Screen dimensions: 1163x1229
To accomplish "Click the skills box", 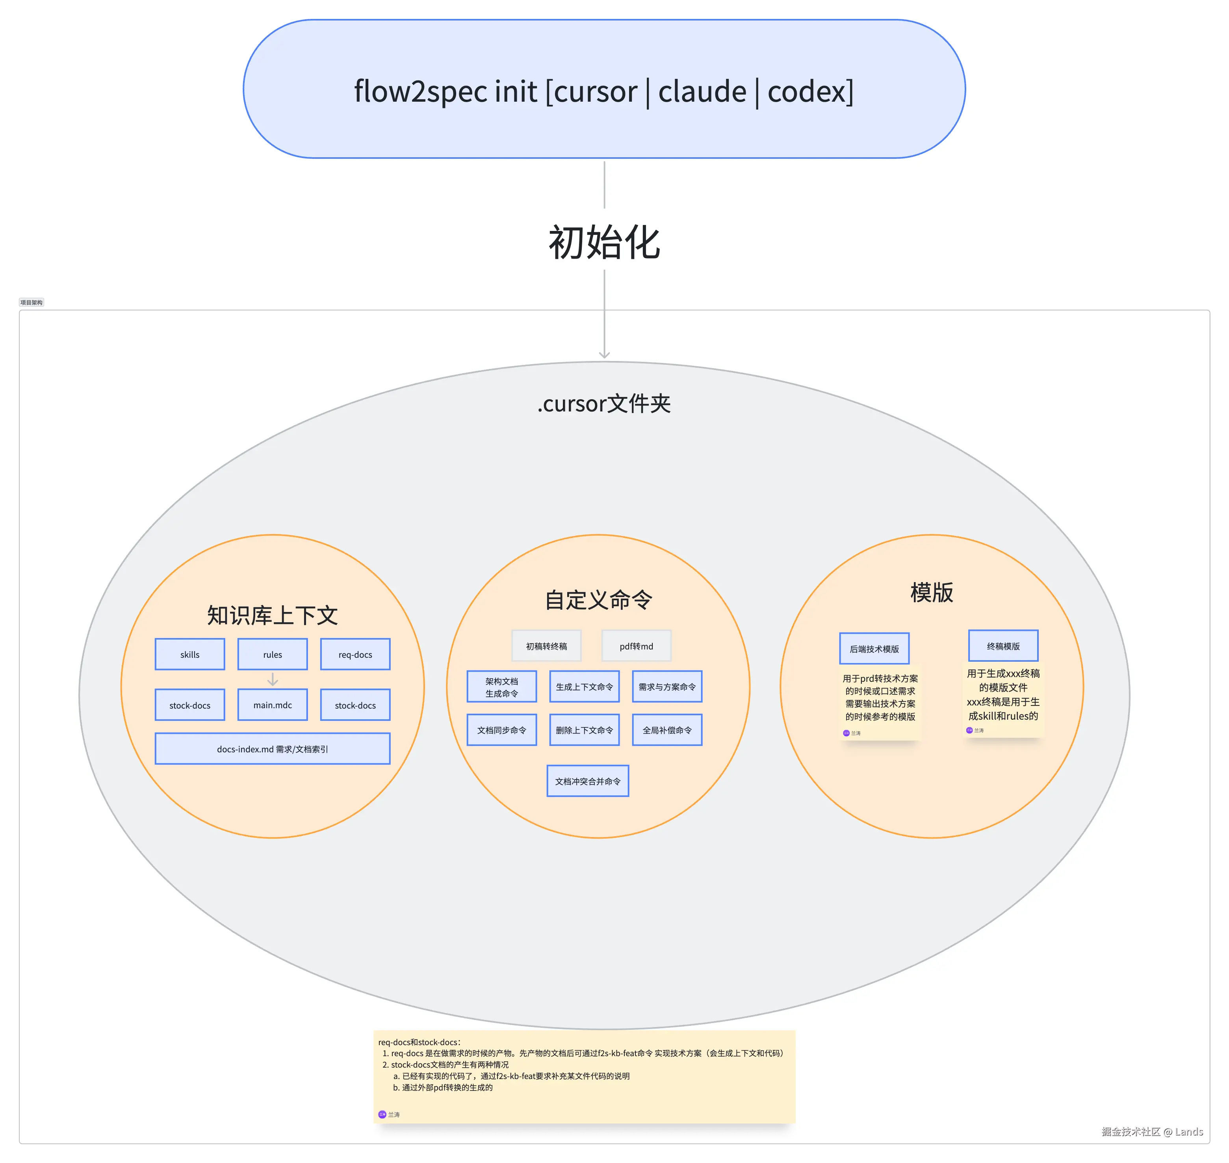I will (189, 654).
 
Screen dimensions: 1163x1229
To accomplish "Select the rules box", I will (272, 654).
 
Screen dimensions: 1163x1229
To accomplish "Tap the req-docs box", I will (355, 654).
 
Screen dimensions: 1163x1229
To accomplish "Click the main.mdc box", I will (272, 705).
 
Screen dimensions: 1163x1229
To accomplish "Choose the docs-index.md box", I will (272, 749).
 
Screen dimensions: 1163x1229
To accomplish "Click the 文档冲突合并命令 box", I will (588, 781).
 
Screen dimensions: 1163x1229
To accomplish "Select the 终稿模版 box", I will (1003, 646).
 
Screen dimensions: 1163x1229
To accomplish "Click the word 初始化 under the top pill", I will (604, 242).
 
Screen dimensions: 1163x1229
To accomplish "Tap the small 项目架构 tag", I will (32, 303).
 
